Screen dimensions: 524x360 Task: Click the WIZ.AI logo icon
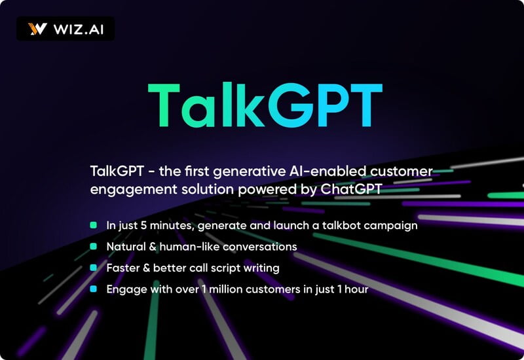(37, 29)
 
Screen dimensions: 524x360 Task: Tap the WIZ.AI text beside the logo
(79, 29)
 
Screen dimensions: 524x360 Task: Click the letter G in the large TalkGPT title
(290, 105)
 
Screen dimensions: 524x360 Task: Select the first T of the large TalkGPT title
(164, 105)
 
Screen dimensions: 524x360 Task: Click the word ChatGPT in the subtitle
(351, 189)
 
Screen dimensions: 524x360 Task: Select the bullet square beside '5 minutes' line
(94, 225)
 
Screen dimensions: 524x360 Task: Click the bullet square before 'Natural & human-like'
(94, 247)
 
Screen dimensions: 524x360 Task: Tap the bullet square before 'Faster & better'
(94, 268)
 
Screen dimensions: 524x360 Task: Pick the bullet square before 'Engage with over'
(94, 289)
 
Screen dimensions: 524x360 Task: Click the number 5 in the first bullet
(143, 225)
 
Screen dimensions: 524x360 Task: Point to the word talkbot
(341, 225)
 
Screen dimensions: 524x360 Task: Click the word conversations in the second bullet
(259, 247)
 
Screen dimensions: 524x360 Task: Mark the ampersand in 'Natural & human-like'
(153, 247)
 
